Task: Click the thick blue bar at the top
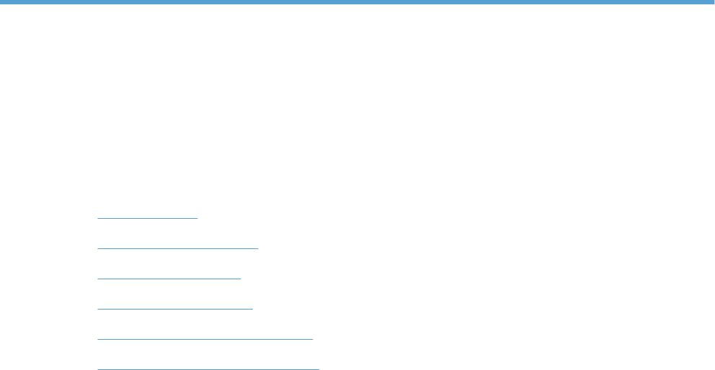357,2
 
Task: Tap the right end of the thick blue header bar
711,2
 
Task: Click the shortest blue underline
147,217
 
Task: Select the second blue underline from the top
177,247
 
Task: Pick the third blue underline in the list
169,277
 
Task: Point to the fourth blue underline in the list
175,307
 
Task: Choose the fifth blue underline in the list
205,338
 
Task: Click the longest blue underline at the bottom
208,368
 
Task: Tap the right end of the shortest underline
197,217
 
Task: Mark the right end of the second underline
257,247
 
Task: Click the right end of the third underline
240,277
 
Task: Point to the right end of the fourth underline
252,307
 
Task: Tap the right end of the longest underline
318,368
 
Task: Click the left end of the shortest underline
98,217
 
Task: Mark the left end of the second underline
98,247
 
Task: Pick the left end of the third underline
98,277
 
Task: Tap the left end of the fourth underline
98,307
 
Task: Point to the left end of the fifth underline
98,338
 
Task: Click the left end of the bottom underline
98,368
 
